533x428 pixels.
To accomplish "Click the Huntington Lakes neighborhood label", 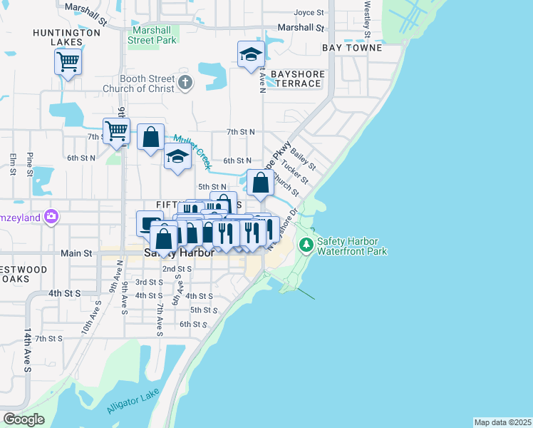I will click(x=66, y=38).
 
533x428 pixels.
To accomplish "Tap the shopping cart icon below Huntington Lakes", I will click(x=68, y=62).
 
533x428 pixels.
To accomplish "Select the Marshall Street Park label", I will click(x=152, y=36).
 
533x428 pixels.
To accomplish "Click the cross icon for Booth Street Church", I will click(x=185, y=83).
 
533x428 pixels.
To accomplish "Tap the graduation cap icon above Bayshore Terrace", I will click(x=250, y=55).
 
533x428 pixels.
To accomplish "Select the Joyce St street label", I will click(x=309, y=13).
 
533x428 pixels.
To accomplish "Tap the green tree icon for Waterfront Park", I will click(x=306, y=245).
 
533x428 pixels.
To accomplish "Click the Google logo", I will click(x=24, y=419).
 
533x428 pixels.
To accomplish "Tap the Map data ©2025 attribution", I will click(x=502, y=422).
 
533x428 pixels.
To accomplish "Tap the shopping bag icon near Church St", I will click(x=261, y=183).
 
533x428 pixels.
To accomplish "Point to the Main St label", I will click(x=77, y=253).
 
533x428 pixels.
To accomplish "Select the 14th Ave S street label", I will click(x=28, y=350).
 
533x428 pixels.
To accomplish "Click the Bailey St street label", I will click(x=302, y=154).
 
